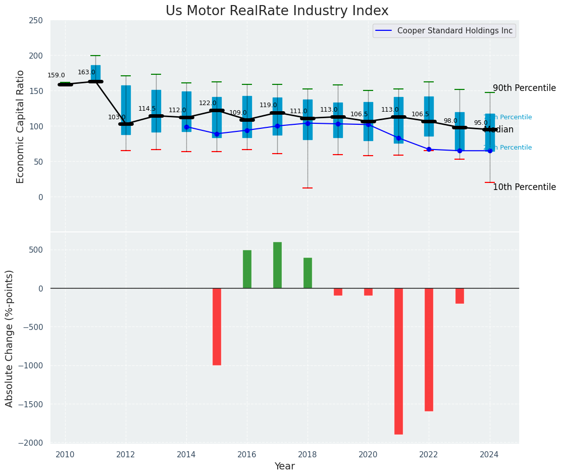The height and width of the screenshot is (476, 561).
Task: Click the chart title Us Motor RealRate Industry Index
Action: pyautogui.click(x=277, y=11)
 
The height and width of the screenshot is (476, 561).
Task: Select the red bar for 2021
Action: pyautogui.click(x=398, y=361)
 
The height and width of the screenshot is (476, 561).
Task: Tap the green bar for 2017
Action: pyautogui.click(x=277, y=265)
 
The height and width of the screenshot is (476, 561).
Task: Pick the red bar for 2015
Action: pyautogui.click(x=217, y=326)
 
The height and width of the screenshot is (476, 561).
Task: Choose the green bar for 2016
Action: pyautogui.click(x=247, y=269)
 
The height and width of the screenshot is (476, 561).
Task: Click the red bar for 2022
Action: pyautogui.click(x=429, y=349)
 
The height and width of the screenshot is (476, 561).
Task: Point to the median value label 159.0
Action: pyautogui.click(x=56, y=76)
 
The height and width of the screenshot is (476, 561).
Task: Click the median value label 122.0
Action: pyautogui.click(x=208, y=104)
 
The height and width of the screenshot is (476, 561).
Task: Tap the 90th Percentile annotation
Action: pyautogui.click(x=524, y=88)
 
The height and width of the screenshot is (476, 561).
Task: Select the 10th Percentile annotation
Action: pyautogui.click(x=524, y=187)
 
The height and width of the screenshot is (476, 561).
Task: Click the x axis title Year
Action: pyautogui.click(x=284, y=466)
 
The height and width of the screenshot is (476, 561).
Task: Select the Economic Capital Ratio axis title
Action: pyautogui.click(x=21, y=126)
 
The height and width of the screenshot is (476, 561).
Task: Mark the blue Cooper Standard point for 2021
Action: pyautogui.click(x=398, y=138)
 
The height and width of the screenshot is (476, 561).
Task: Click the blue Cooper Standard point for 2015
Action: pyautogui.click(x=217, y=134)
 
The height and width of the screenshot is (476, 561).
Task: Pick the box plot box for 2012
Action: pyautogui.click(x=126, y=110)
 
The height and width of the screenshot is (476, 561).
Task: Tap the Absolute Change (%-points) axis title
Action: pyautogui.click(x=10, y=338)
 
